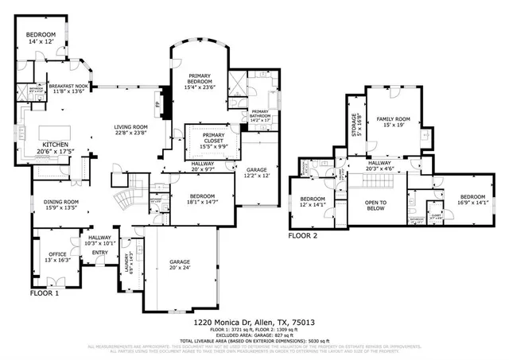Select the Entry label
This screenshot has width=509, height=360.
(99, 254)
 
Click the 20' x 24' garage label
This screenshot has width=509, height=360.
(180, 265)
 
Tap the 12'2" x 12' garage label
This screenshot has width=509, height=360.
(257, 172)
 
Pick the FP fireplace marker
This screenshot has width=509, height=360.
(157, 103)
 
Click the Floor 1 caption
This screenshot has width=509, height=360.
(45, 293)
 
